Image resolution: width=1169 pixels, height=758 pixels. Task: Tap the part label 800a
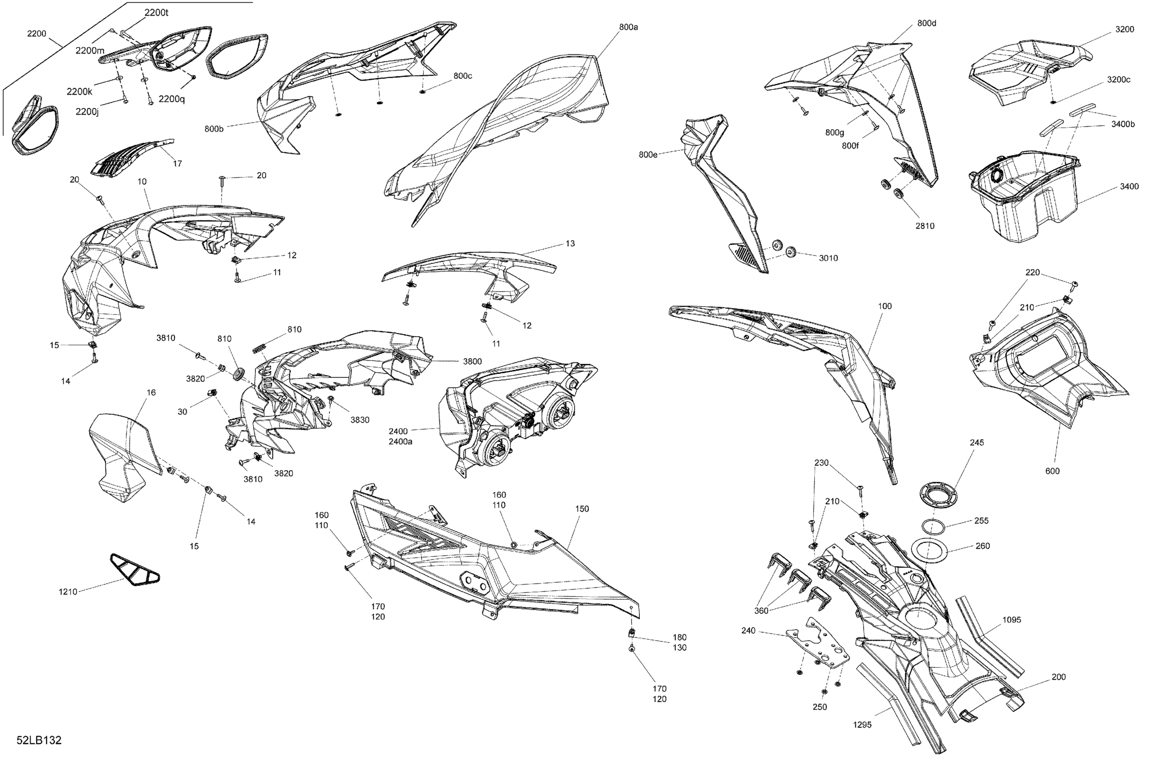(x=628, y=27)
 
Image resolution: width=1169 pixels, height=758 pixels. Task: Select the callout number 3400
(x=1129, y=186)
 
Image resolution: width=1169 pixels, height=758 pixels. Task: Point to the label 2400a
(x=400, y=442)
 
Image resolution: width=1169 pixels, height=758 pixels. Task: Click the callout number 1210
(x=68, y=592)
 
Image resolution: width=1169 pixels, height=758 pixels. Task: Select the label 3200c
(x=1118, y=80)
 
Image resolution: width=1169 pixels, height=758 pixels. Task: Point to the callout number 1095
(x=1011, y=620)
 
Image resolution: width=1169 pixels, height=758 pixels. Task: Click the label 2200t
(x=156, y=13)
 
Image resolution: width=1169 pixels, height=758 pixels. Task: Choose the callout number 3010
(x=828, y=258)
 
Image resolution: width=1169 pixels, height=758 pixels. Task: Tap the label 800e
(x=648, y=155)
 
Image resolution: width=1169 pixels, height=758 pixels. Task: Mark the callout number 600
(x=1052, y=471)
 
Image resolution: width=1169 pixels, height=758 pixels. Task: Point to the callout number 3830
(x=360, y=420)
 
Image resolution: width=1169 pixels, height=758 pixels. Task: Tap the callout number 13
(x=570, y=244)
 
